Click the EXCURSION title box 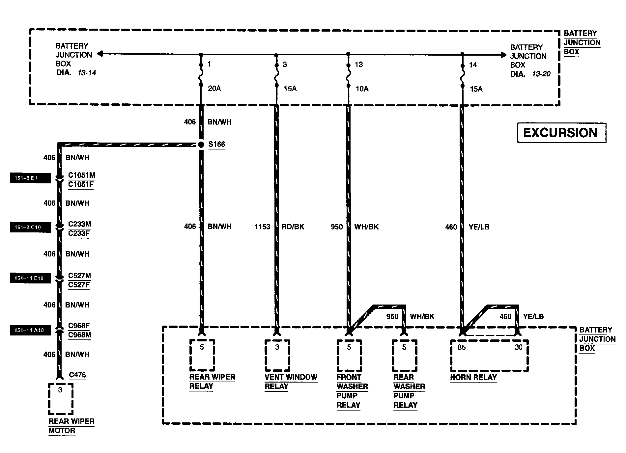(x=561, y=133)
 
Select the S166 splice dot (x=201, y=145)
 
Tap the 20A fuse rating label (x=214, y=89)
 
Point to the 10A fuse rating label (x=362, y=89)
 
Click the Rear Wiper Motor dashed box (x=61, y=399)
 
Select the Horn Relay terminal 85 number (x=462, y=348)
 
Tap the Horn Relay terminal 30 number (x=518, y=348)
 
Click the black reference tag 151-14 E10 (x=30, y=278)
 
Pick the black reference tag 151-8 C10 (x=30, y=227)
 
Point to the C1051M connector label (x=81, y=175)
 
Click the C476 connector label (x=77, y=375)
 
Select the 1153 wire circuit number (x=262, y=227)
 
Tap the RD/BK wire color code (x=293, y=227)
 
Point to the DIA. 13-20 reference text (x=530, y=74)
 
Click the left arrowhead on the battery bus (x=100, y=54)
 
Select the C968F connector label (x=79, y=326)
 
